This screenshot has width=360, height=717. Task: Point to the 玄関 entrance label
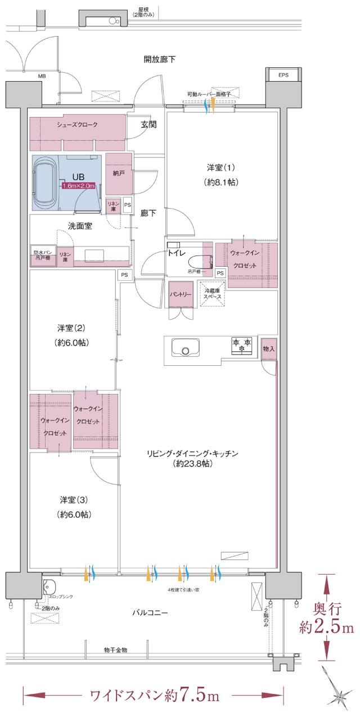coord(148,125)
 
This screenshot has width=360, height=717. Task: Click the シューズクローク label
coord(76,124)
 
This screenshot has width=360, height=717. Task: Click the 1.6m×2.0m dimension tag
coord(79,186)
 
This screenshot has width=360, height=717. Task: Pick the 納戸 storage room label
coord(119,173)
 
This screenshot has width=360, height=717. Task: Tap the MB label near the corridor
coord(42,75)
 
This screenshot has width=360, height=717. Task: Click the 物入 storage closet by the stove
coord(269,349)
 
